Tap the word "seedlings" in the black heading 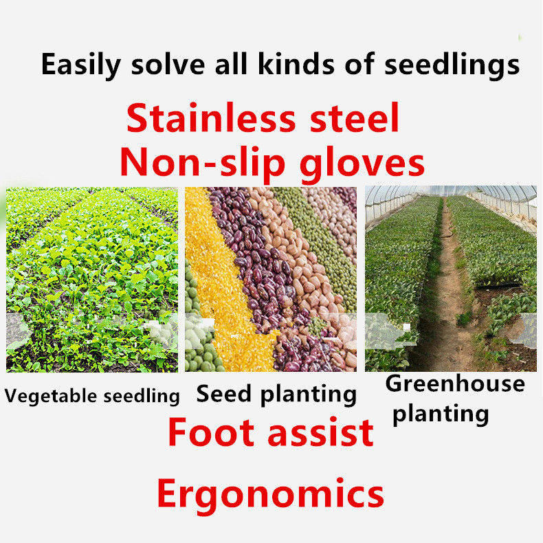[452, 65]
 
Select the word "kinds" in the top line [296, 64]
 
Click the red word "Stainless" [211, 118]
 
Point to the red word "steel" [354, 118]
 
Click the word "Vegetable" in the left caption [51, 396]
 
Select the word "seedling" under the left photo [142, 396]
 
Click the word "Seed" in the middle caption [223, 394]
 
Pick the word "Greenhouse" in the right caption [455, 384]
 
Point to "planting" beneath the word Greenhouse [441, 414]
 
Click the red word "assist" [321, 433]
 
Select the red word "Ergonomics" [270, 494]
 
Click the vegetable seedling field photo [92, 280]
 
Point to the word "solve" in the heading [168, 65]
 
